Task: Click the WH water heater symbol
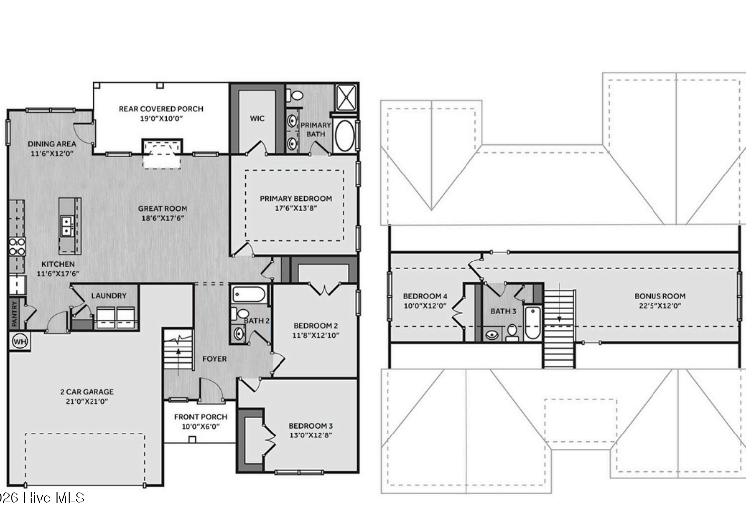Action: pyautogui.click(x=20, y=341)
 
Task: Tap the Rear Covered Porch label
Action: pyautogui.click(x=161, y=109)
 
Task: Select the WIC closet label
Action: pyautogui.click(x=257, y=118)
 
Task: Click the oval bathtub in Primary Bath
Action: pyautogui.click(x=345, y=136)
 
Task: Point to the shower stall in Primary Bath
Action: pyautogui.click(x=346, y=97)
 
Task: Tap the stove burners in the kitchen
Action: pyautogui.click(x=17, y=247)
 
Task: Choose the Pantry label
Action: pyautogui.click(x=14, y=313)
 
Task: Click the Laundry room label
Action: pyautogui.click(x=109, y=296)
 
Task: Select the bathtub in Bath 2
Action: pyautogui.click(x=249, y=294)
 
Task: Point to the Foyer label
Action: pyautogui.click(x=214, y=359)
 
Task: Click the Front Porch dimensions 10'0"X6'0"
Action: pyautogui.click(x=200, y=426)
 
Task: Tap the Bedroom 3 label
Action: pyautogui.click(x=311, y=426)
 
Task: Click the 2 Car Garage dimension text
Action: pyautogui.click(x=87, y=401)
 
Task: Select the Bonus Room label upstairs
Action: pyautogui.click(x=660, y=296)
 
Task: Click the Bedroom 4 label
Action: pyautogui.click(x=425, y=296)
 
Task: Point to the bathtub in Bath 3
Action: pyautogui.click(x=533, y=322)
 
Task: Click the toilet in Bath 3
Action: pyautogui.click(x=512, y=332)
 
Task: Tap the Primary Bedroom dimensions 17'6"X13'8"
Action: pyautogui.click(x=296, y=208)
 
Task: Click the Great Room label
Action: pyautogui.click(x=163, y=209)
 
